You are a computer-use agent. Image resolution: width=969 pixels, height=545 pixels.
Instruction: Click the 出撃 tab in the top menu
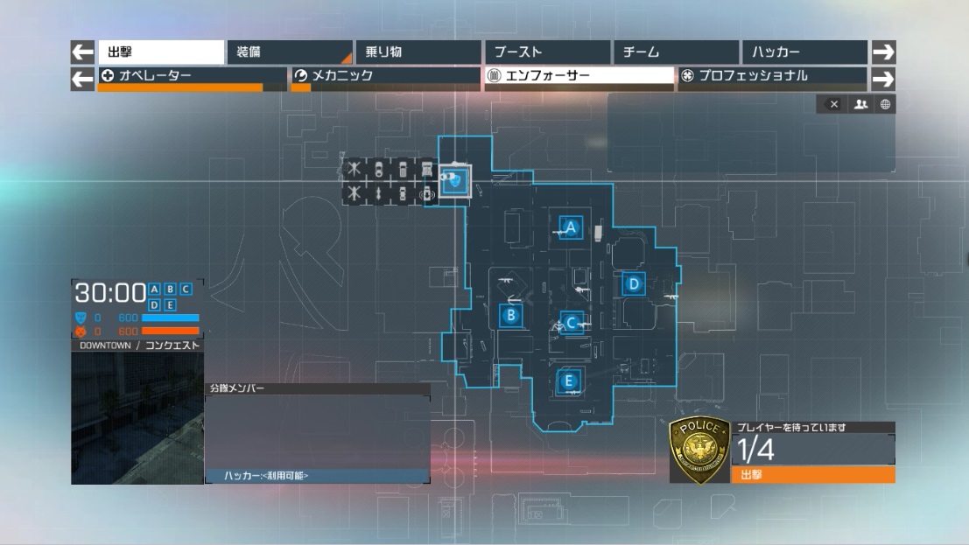160,52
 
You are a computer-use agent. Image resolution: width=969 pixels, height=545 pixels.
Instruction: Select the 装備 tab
289,52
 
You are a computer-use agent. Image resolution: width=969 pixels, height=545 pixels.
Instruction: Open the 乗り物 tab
418,52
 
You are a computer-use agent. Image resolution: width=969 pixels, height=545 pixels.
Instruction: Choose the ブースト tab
547,52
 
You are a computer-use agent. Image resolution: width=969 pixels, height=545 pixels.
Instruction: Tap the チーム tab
675,52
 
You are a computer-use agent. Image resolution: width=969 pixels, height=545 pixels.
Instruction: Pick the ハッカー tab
804,52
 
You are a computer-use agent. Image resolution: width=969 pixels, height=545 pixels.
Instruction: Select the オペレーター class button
192,76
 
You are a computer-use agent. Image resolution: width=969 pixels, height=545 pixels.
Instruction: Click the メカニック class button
386,76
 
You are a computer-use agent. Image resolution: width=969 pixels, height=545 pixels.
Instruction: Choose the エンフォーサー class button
579,76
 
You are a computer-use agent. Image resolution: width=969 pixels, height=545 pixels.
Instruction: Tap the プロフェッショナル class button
771,76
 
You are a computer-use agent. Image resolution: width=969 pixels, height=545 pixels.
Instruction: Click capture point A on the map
572,228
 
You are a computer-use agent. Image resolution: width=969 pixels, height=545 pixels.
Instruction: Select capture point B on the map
511,316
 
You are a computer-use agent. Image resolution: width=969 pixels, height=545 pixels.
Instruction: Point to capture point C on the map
572,323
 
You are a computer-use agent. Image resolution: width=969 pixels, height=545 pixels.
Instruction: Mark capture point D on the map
634,283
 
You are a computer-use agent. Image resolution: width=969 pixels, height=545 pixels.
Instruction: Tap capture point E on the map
569,381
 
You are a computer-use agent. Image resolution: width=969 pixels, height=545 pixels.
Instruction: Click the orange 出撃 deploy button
812,475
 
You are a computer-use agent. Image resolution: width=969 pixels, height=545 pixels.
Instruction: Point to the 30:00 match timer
109,292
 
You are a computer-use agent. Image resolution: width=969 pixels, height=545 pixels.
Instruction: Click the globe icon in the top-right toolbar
885,104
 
